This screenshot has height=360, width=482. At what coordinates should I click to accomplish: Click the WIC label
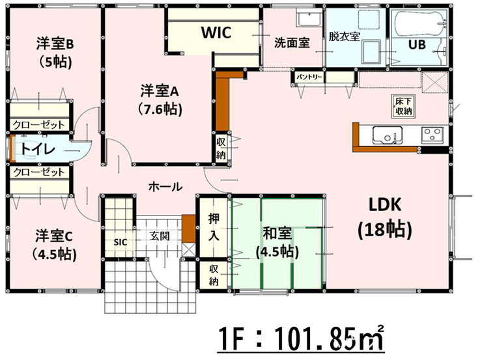tap(216, 33)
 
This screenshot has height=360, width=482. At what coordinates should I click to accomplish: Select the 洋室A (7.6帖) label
tap(160, 100)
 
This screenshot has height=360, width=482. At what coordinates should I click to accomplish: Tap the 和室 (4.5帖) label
tap(277, 243)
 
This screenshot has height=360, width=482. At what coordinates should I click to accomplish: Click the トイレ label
tap(38, 149)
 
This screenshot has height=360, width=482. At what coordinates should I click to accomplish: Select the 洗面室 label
tap(292, 43)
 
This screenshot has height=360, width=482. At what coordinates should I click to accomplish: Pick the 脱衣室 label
tap(344, 36)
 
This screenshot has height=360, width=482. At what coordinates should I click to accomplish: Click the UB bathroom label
tap(417, 44)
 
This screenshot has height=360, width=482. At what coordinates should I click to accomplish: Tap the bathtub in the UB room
tap(419, 23)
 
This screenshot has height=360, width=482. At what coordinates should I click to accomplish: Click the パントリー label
tap(309, 77)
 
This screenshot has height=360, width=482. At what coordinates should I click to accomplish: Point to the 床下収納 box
tap(403, 106)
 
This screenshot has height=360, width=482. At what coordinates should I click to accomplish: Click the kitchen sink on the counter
tap(388, 135)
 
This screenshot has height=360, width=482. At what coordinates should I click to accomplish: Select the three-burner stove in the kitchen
tap(432, 135)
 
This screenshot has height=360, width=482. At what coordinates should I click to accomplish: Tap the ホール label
tap(165, 186)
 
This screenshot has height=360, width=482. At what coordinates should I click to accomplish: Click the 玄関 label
tap(159, 236)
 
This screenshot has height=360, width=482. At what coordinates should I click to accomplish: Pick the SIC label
tap(120, 242)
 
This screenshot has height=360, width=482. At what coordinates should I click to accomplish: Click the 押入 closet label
tap(214, 227)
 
